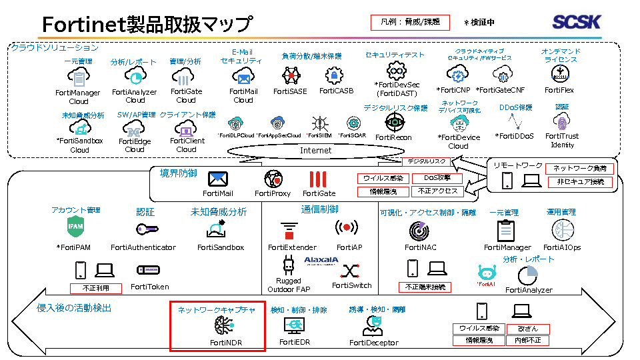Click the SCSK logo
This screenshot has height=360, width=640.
[x=577, y=22]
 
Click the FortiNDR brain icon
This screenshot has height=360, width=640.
[x=225, y=326]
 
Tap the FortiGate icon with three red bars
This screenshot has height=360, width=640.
[x=319, y=179]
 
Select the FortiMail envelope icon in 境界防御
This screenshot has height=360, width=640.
[x=218, y=179]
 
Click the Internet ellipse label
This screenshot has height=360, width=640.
[x=315, y=151]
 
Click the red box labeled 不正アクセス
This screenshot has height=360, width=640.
[x=438, y=191]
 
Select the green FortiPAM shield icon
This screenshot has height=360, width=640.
[x=75, y=228]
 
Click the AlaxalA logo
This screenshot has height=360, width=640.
[x=321, y=260]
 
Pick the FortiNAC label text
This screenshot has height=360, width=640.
[x=420, y=247]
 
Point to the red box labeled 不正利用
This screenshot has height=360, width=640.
[x=97, y=289]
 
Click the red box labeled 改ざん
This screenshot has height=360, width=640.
[x=527, y=329]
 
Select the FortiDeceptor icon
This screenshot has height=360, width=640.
[x=373, y=325]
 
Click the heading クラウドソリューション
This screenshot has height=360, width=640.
[x=55, y=47]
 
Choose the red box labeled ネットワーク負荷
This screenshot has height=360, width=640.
[x=579, y=169]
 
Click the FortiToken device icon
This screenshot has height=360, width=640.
[x=148, y=270]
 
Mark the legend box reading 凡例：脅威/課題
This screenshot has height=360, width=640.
[x=409, y=22]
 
